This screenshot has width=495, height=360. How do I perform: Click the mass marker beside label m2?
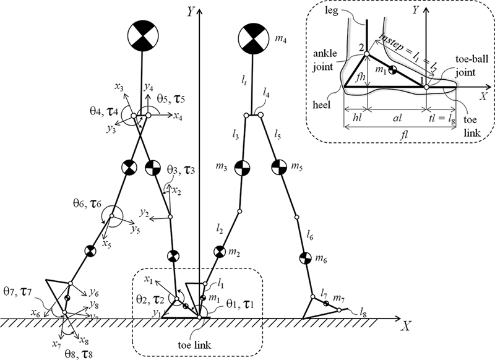[220, 252]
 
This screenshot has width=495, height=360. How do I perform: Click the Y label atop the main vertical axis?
[188, 11]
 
